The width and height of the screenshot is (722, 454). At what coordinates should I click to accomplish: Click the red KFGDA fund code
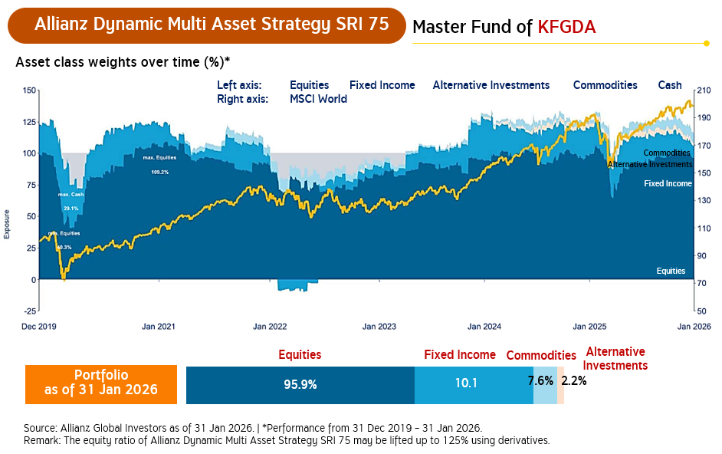pos(566,28)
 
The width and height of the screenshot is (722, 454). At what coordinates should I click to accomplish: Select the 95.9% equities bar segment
pos(300,383)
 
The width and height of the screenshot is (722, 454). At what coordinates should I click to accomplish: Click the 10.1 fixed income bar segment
pos(466,383)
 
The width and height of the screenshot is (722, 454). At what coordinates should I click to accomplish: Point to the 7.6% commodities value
pos(540,380)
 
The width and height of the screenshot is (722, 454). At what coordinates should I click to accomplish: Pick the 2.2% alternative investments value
pos(573,380)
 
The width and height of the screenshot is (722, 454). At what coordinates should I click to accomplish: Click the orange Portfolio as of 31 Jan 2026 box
pos(101,383)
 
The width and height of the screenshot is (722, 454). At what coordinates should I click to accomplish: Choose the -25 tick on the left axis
pos(29,311)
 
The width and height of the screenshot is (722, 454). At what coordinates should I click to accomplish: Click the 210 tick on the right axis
pos(704,90)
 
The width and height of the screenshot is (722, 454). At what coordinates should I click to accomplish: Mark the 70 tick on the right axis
pos(702,284)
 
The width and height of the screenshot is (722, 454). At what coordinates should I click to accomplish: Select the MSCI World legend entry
pos(318,99)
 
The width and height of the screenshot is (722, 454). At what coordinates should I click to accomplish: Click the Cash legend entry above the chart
pos(670,85)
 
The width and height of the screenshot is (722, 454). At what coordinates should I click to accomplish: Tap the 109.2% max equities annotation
pos(159,172)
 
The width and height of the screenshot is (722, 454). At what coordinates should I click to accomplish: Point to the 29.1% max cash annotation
pos(71,209)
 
